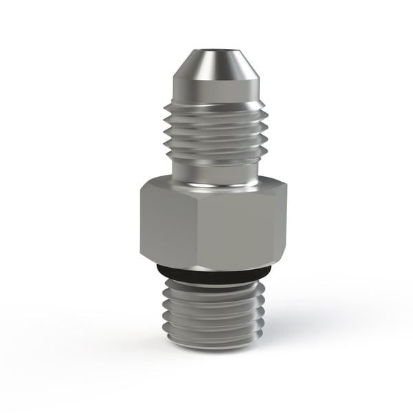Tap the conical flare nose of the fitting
206,72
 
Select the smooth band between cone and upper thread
206,96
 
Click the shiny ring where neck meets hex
206,184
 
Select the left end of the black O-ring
157,270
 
